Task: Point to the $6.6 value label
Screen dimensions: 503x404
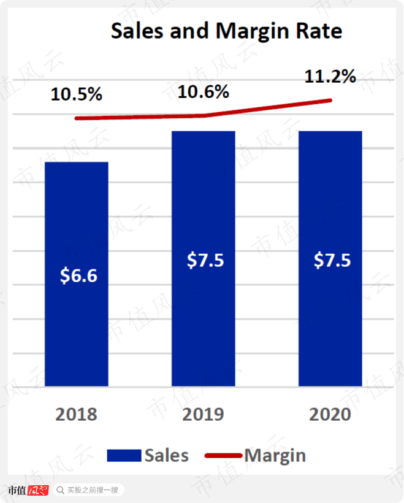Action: [78, 275]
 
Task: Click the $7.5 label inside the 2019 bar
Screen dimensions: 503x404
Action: [205, 259]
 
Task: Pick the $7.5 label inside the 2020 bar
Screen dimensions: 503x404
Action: [332, 259]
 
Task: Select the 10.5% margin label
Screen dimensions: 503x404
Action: [77, 95]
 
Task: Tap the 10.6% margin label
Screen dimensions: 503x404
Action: [204, 92]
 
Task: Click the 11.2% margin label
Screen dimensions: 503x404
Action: [330, 77]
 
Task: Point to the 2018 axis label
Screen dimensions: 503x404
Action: [77, 414]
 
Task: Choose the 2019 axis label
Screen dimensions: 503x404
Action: [203, 414]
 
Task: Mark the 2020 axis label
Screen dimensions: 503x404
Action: [330, 414]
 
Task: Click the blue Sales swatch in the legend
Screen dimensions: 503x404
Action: [124, 456]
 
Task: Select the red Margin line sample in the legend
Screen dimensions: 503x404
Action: [223, 456]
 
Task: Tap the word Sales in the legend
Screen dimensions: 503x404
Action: [167, 456]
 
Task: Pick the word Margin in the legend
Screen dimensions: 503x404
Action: [275, 456]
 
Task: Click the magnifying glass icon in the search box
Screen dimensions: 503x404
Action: [61, 490]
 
